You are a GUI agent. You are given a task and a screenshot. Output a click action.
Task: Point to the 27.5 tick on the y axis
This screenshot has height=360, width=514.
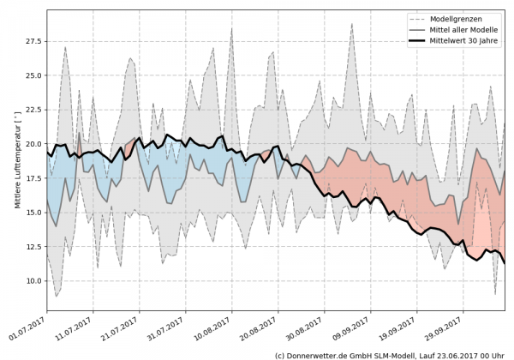(x=33, y=41)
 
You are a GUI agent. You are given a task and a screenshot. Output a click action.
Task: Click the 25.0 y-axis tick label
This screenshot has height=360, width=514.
(x=33, y=75)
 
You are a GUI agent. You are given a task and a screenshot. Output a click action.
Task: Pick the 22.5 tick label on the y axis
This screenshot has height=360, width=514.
(x=33, y=110)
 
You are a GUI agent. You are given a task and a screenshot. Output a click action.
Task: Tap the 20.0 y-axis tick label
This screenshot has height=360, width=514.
(x=33, y=144)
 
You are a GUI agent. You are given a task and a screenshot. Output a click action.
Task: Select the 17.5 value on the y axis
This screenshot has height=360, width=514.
(x=33, y=178)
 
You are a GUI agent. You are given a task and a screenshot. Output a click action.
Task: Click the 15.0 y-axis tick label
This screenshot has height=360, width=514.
(x=33, y=213)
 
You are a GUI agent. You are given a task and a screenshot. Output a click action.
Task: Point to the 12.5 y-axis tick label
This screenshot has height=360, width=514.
(x=33, y=247)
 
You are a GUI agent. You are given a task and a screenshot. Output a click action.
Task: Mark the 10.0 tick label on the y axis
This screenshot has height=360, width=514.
(x=33, y=281)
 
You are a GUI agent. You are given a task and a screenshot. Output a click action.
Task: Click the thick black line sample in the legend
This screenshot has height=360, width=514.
(x=419, y=39)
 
